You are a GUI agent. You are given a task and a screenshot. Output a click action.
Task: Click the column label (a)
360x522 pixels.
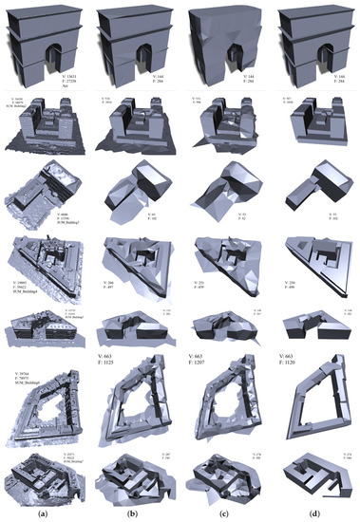pyautogui.click(x=47, y=513)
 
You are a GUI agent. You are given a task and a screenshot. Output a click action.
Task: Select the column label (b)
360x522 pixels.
pyautogui.click(x=136, y=513)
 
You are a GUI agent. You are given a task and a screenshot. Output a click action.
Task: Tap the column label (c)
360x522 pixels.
pyautogui.click(x=224, y=513)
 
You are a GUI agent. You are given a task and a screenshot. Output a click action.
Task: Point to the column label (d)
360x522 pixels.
pyautogui.click(x=312, y=513)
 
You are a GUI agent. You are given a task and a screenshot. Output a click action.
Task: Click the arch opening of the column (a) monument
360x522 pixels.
pyautogui.click(x=50, y=58)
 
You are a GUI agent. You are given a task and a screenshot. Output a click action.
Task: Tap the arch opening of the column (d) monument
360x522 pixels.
pyautogui.click(x=315, y=58)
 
